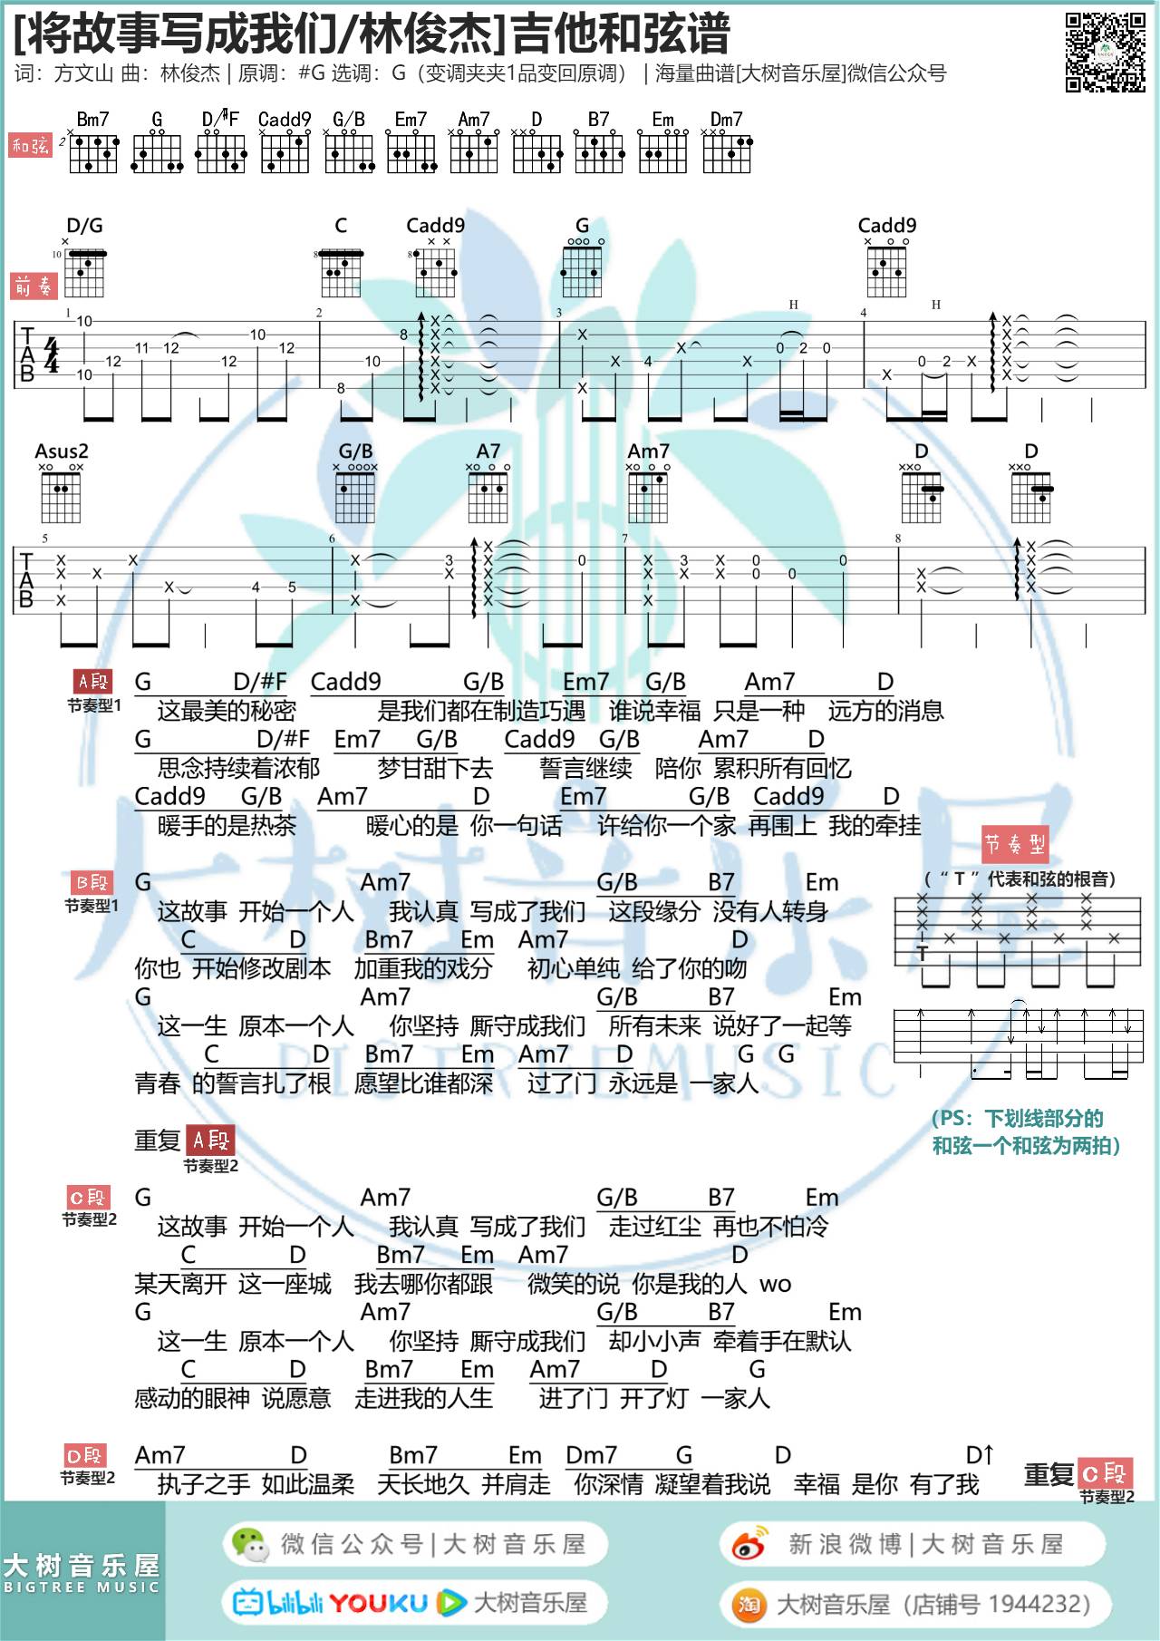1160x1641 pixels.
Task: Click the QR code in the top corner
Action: [1105, 52]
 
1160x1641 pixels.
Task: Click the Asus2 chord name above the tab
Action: [62, 451]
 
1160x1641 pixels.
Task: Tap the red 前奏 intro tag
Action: [34, 286]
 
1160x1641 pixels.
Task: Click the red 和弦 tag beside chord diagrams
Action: [32, 145]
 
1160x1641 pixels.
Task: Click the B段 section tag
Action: [92, 882]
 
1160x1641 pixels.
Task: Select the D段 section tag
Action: [85, 1456]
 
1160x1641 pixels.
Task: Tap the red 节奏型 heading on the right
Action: [1015, 845]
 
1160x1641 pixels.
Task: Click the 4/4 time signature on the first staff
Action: [53, 354]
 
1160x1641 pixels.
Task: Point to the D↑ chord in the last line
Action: [981, 1455]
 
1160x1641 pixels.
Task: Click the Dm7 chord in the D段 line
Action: [591, 1455]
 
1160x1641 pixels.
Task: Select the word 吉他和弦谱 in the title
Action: [621, 34]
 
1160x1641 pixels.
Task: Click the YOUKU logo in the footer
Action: [378, 1603]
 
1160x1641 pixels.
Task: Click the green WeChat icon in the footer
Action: [249, 1544]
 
